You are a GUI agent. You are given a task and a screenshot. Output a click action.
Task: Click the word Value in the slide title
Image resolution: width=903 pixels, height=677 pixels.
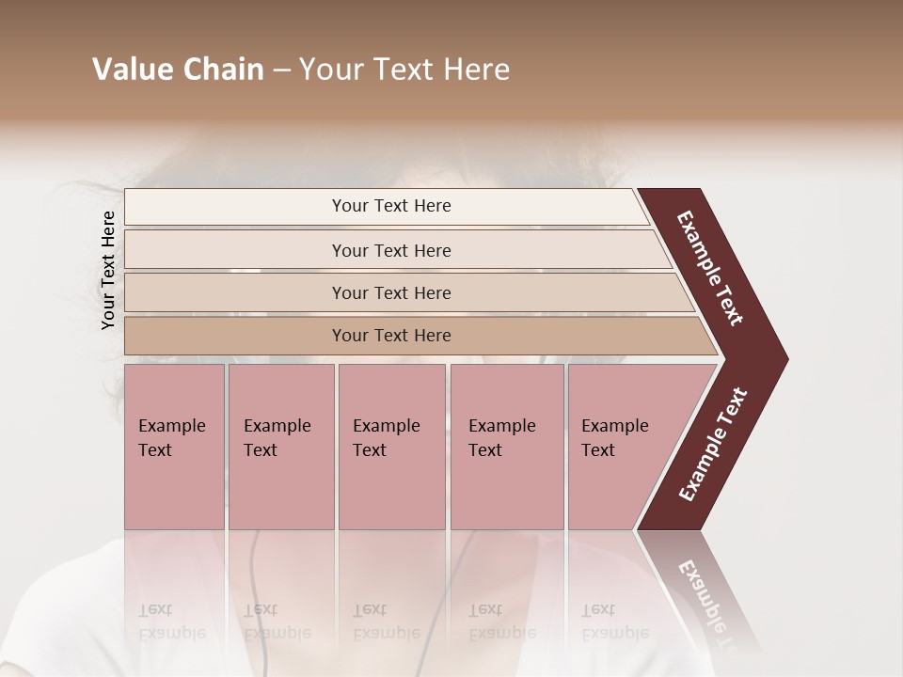[x=131, y=70]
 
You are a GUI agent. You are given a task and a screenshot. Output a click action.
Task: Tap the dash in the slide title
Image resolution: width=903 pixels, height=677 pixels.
[x=281, y=71]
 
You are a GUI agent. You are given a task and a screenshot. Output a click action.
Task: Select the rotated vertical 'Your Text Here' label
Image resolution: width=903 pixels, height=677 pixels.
[x=108, y=271]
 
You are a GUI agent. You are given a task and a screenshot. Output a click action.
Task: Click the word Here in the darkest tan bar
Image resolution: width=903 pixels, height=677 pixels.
[x=432, y=336]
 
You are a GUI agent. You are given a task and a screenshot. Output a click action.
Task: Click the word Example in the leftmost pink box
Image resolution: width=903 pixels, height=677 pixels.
[x=171, y=426]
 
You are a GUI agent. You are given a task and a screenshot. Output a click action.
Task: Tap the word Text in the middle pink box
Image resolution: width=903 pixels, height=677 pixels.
[x=370, y=450]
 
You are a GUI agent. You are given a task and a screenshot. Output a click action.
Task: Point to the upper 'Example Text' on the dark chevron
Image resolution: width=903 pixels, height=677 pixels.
[x=710, y=268]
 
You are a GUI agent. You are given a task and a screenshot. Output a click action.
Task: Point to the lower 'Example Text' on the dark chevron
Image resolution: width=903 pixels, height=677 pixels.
[x=713, y=444]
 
